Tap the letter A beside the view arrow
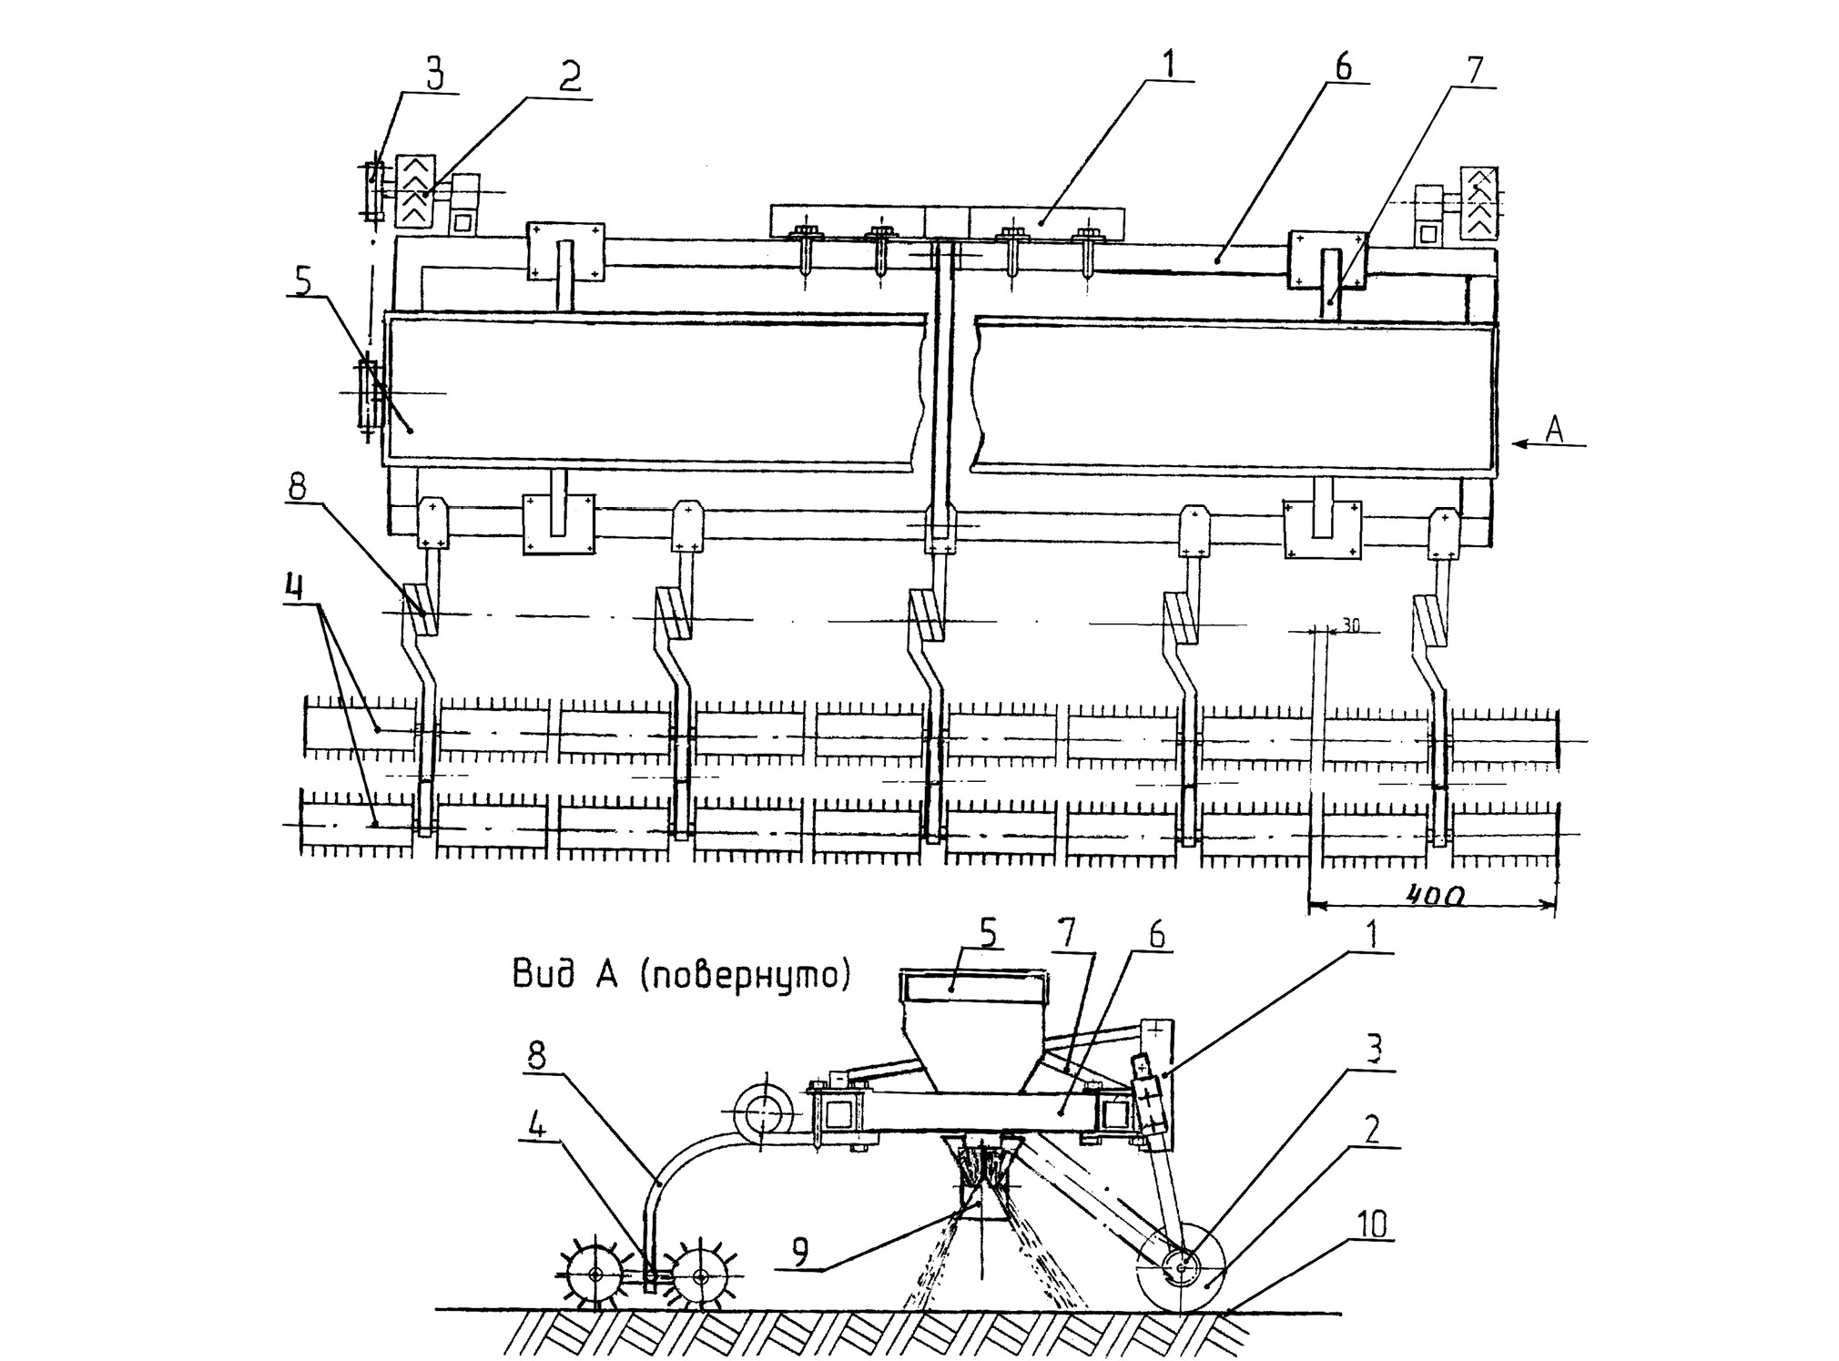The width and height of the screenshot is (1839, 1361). pos(1554,430)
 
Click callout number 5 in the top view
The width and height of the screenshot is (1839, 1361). pos(303,281)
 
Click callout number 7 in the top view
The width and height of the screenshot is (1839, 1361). pos(1474,70)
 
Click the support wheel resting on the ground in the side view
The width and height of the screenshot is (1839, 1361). pos(1182,1266)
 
